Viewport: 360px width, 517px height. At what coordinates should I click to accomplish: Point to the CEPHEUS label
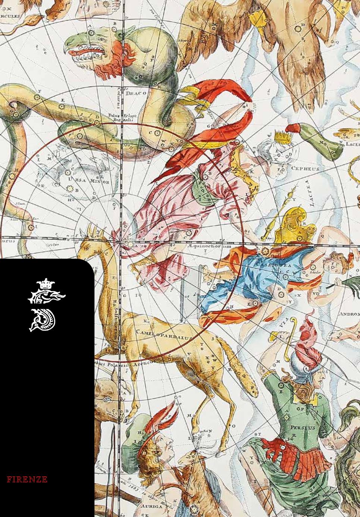305,168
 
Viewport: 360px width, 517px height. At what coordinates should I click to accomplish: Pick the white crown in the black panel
47,284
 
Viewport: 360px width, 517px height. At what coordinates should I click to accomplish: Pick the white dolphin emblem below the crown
45,319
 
